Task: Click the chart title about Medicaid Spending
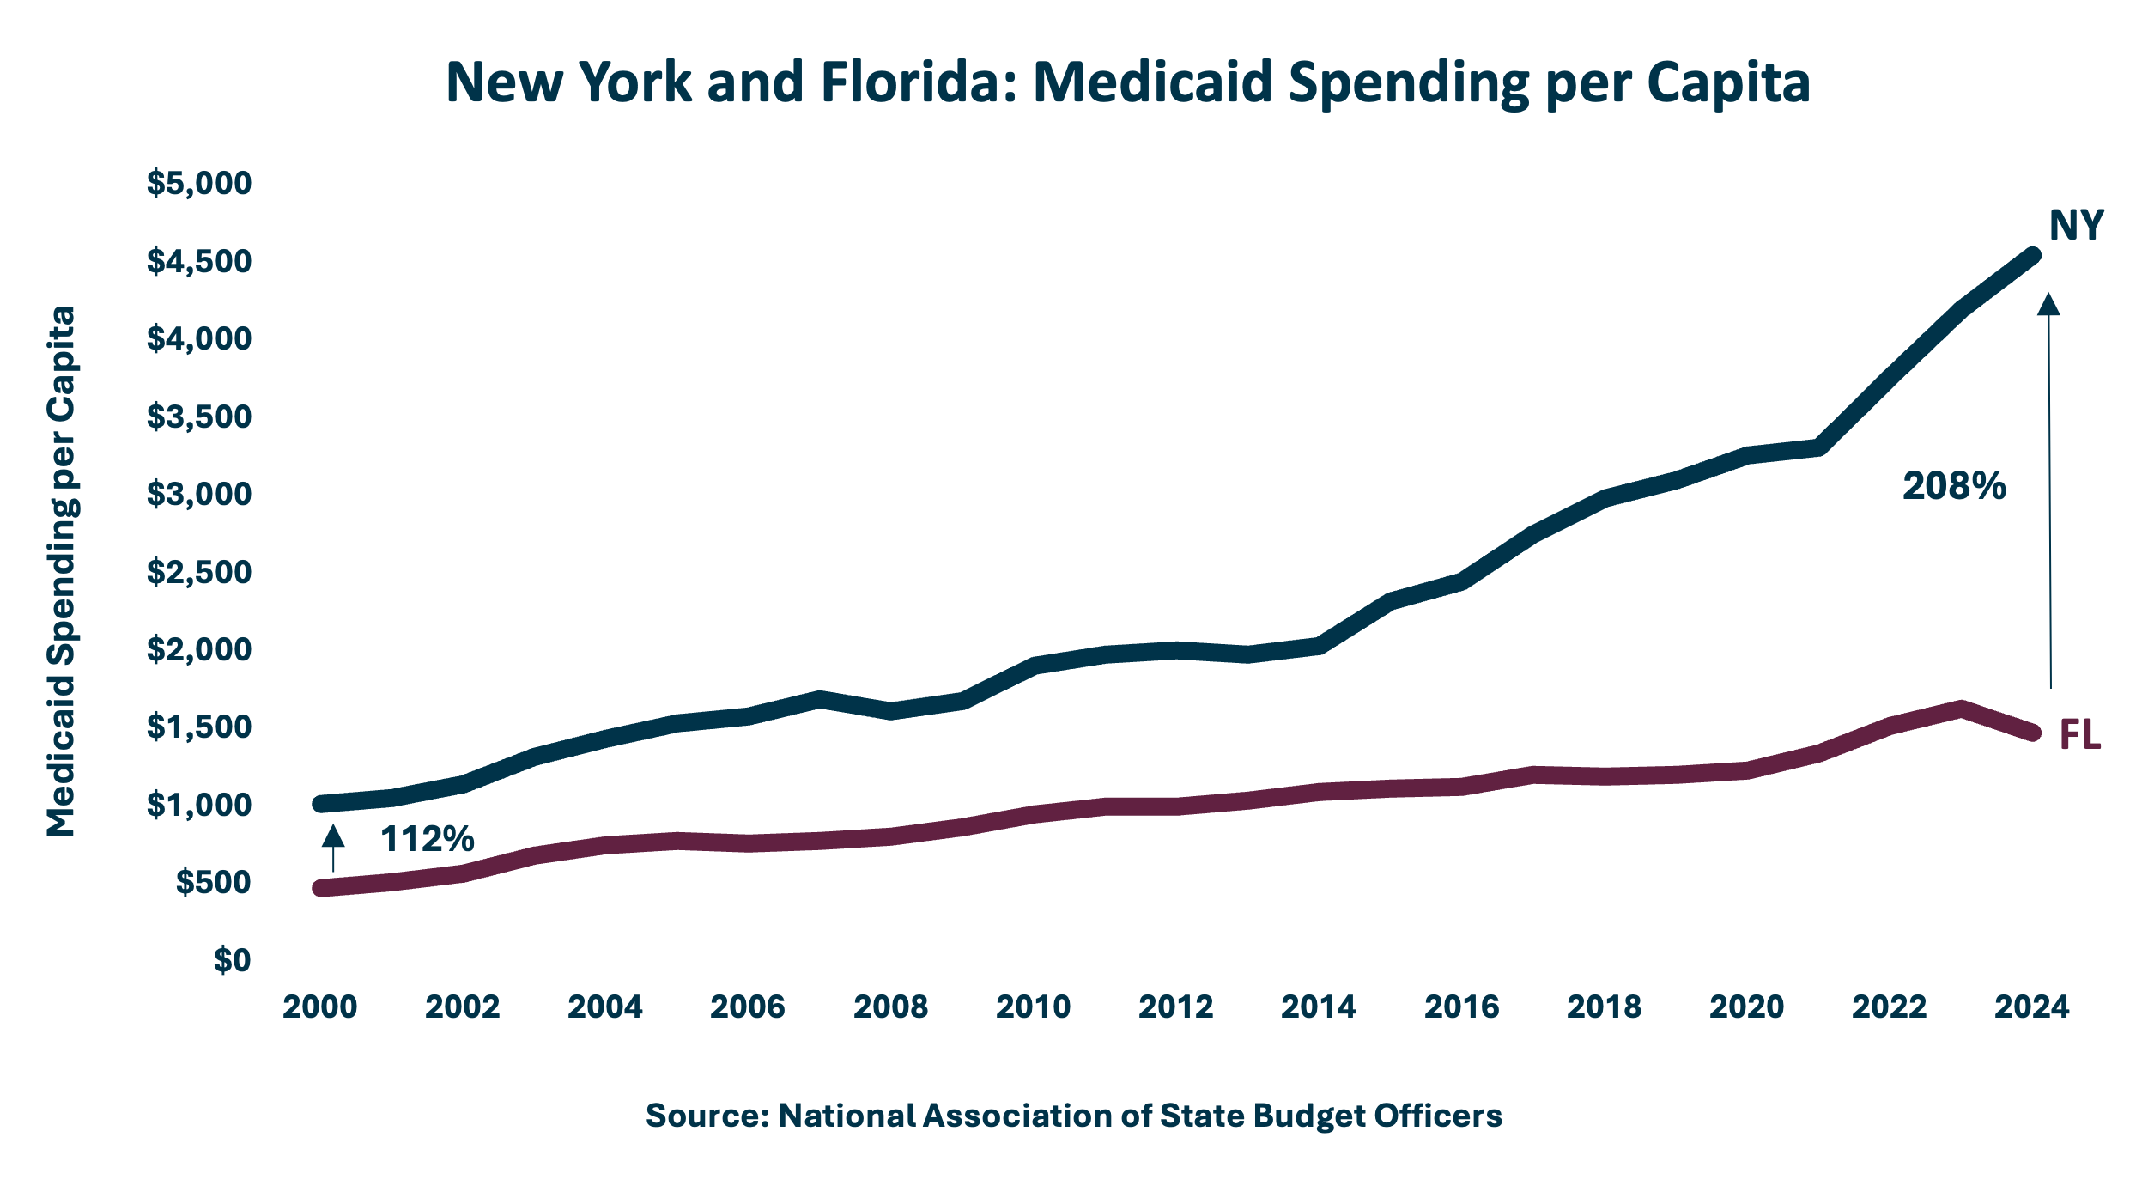coord(1127,82)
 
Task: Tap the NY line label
coord(2076,226)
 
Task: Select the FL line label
coord(2080,735)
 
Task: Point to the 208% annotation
coord(1954,486)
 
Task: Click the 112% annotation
coord(427,839)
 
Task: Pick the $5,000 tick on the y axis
coord(199,183)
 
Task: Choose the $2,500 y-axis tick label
coord(199,572)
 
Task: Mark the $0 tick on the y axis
coord(233,960)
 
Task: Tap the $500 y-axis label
coord(214,882)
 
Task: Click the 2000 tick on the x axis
coord(320,1007)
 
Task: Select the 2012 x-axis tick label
coord(1176,1007)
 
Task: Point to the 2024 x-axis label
coord(2032,1007)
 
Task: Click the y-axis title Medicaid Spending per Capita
coord(62,571)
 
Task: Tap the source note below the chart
coord(1074,1116)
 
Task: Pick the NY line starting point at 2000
coord(320,804)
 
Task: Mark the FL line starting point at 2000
coord(320,888)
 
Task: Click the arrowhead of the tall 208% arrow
coord(2048,305)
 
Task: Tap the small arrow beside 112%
coord(333,845)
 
